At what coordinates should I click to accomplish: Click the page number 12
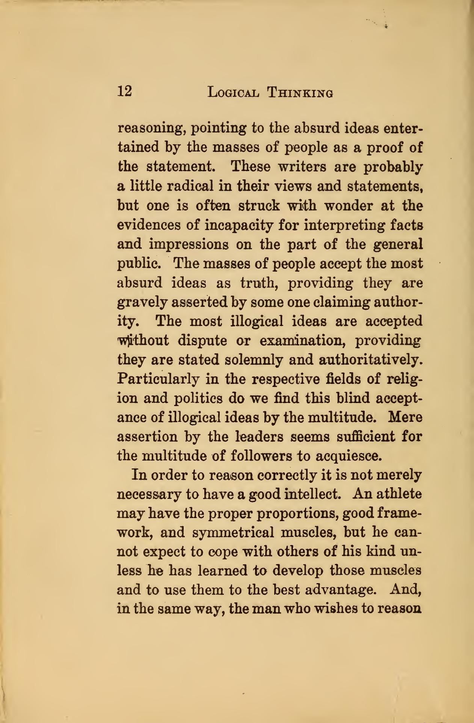click(124, 91)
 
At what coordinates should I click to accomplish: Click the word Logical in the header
click(233, 92)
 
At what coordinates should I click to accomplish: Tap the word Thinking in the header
click(300, 92)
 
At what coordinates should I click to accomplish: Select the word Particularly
click(159, 379)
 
